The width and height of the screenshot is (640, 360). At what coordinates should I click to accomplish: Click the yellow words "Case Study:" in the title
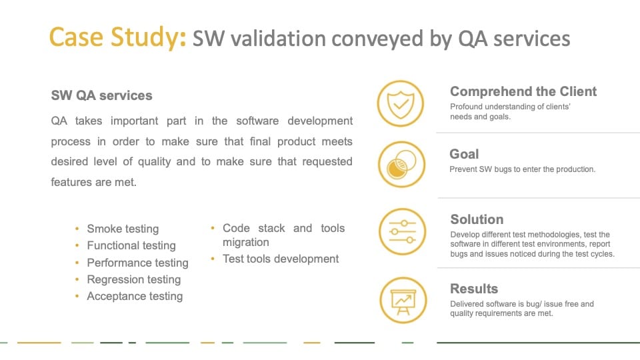coord(117,37)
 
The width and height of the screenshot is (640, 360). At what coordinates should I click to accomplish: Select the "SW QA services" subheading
coord(101,95)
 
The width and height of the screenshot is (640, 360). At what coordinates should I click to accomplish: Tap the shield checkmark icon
coord(401,103)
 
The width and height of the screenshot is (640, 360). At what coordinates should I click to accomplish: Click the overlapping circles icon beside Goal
coord(401,164)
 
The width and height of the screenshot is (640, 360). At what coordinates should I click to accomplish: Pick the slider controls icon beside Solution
coord(403,231)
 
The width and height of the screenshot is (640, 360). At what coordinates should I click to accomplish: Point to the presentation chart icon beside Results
coord(403,301)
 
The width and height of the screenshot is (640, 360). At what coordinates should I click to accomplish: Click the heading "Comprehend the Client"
coord(523,91)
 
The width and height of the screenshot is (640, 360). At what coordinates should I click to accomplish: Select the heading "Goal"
coord(464,154)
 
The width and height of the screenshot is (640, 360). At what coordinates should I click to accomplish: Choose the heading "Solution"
coord(477,219)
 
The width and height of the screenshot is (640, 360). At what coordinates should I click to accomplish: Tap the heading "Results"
coord(474,289)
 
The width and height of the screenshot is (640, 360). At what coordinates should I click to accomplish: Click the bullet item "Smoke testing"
coord(123,229)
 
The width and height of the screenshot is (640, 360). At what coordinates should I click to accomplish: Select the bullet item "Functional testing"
coord(131,245)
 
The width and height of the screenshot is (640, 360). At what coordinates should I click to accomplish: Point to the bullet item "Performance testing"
coord(137,263)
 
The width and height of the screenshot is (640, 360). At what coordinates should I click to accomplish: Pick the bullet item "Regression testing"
coord(134,279)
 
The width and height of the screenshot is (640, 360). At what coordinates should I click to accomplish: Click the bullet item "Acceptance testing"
coord(135,296)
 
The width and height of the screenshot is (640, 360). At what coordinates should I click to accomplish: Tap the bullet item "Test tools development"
coord(281,259)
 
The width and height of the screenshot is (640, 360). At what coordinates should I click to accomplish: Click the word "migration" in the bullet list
coord(246,242)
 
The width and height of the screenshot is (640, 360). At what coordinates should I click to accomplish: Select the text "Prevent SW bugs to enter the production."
coord(523,169)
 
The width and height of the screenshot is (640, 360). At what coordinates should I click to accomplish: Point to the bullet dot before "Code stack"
coord(213,228)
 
